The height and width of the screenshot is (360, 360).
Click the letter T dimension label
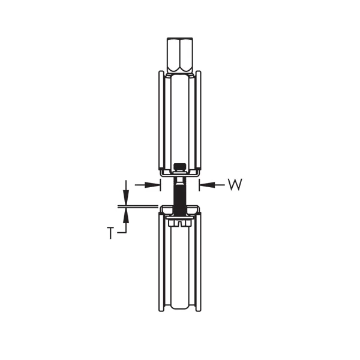110,233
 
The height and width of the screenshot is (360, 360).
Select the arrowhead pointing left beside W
203,185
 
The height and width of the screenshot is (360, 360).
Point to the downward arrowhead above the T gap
125,199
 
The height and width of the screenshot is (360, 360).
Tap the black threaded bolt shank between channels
179,193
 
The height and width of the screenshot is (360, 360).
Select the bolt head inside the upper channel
179,167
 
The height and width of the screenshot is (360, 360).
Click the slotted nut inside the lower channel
179,223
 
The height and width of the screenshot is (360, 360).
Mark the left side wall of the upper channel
160,120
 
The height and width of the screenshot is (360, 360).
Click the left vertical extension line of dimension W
161,184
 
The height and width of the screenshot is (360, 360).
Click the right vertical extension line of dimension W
198,184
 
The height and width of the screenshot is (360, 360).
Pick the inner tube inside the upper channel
179,120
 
